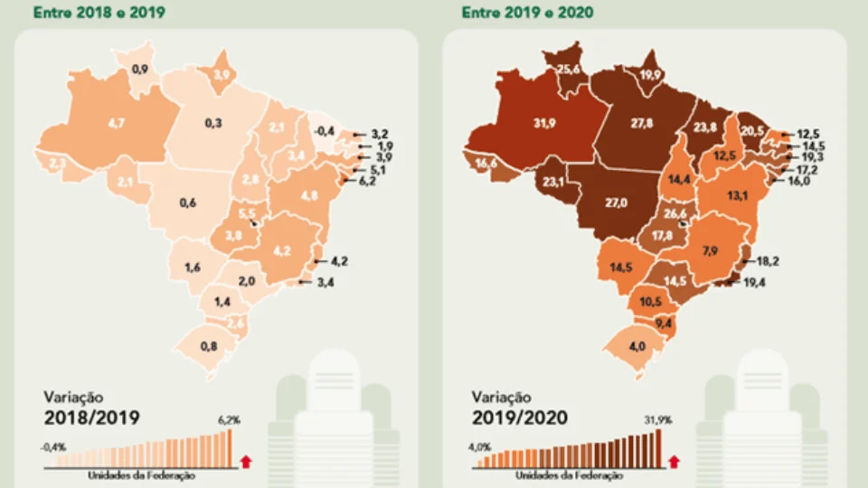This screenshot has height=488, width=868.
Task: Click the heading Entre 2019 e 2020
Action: coord(516,14)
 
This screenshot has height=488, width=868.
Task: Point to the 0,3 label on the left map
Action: coord(213,122)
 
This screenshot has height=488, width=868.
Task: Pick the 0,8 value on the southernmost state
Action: coord(209,344)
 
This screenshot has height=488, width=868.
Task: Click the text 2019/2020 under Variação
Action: coord(520,417)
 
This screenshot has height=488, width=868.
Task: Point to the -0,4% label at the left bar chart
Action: coord(53,445)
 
